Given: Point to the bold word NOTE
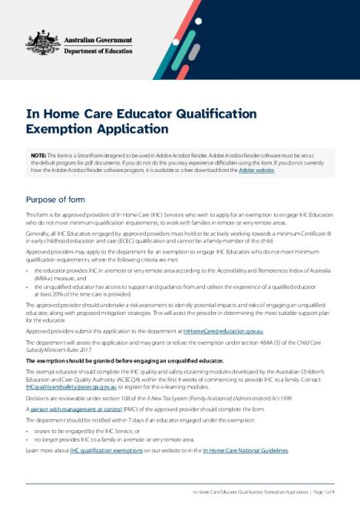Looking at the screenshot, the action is [x=38, y=155].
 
